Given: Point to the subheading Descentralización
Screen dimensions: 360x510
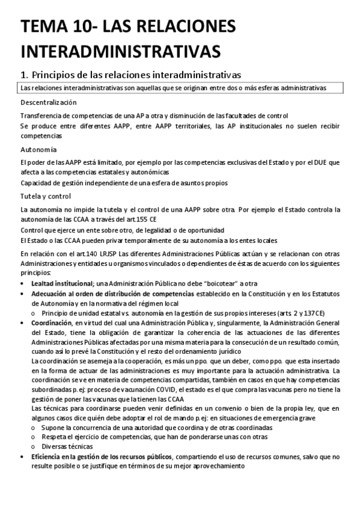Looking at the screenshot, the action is (48, 103).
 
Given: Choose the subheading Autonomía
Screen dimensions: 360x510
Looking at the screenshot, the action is (38, 149).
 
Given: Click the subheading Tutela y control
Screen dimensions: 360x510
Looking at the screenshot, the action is (46, 196).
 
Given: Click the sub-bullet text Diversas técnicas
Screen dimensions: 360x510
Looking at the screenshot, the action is (67, 447).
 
